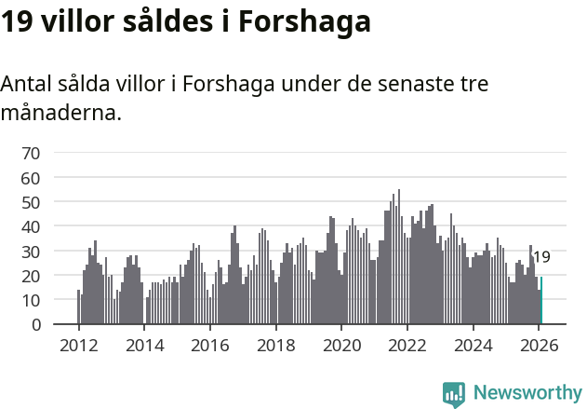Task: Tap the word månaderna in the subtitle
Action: [60, 115]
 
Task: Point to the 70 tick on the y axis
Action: [31, 153]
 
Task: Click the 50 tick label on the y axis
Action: [31, 202]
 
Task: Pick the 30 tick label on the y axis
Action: [31, 252]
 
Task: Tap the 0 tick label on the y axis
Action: [35, 325]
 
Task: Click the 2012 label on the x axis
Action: [78, 345]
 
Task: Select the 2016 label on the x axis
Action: [209, 345]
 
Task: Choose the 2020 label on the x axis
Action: [341, 345]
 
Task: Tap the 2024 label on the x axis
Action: [473, 345]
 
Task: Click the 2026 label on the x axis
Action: [539, 345]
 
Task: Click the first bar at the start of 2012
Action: [78, 308]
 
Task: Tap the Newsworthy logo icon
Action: [454, 394]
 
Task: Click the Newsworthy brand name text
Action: [527, 393]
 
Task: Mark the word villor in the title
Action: [81, 21]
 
